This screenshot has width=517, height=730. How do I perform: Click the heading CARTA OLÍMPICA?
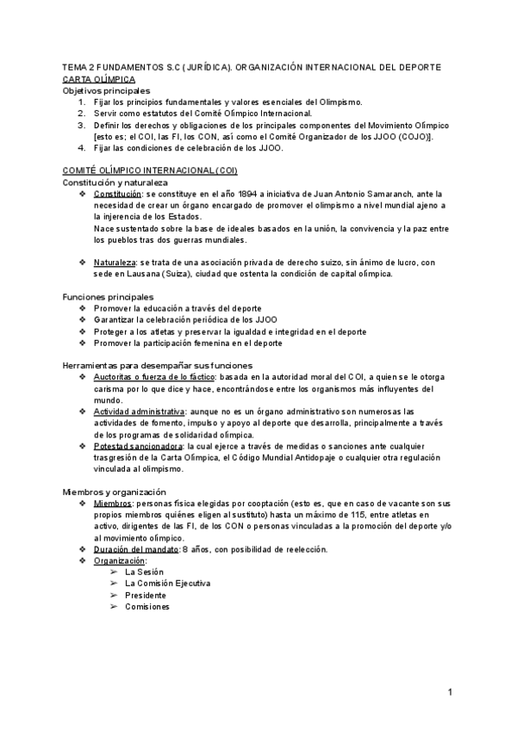pos(98,78)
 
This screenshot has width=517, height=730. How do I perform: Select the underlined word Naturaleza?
pos(115,262)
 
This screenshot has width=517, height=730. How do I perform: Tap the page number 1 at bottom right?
pos(450,692)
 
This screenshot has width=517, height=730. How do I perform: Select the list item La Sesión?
pos(144,572)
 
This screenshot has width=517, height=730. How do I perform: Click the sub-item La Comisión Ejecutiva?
pos(167,583)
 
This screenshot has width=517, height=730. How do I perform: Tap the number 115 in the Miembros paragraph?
pos(341,515)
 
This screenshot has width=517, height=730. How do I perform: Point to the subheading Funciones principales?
pos(109,297)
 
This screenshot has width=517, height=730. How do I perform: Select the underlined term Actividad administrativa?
pos(140,411)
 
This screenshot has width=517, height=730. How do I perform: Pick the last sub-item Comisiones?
pos(147,606)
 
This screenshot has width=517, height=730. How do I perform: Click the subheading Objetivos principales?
pos(106,90)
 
